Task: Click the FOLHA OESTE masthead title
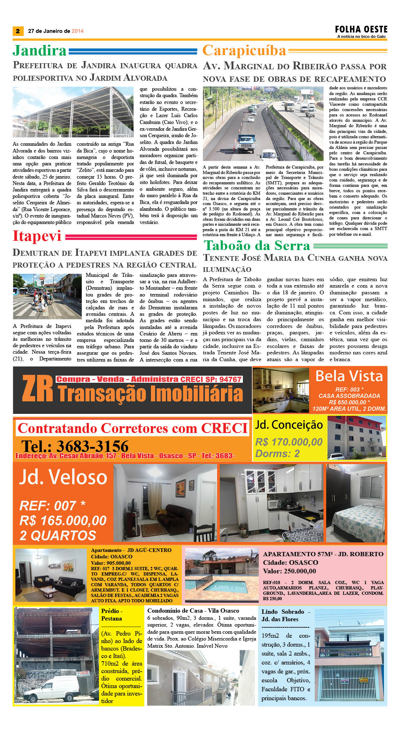coord(361,29)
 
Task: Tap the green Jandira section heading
coord(40,50)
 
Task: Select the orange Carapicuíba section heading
coord(244,51)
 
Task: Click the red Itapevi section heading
coord(37,236)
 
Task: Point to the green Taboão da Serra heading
coord(257,246)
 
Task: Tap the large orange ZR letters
coord(37,389)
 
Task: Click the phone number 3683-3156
coord(75,446)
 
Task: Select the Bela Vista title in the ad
coord(349,376)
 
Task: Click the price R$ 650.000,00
coord(349,402)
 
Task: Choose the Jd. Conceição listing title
coord(289,425)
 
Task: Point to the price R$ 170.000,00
coord(289,442)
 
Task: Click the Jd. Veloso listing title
coord(63,477)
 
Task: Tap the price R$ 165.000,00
coord(63,521)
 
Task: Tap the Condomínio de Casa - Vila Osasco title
coord(193,611)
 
